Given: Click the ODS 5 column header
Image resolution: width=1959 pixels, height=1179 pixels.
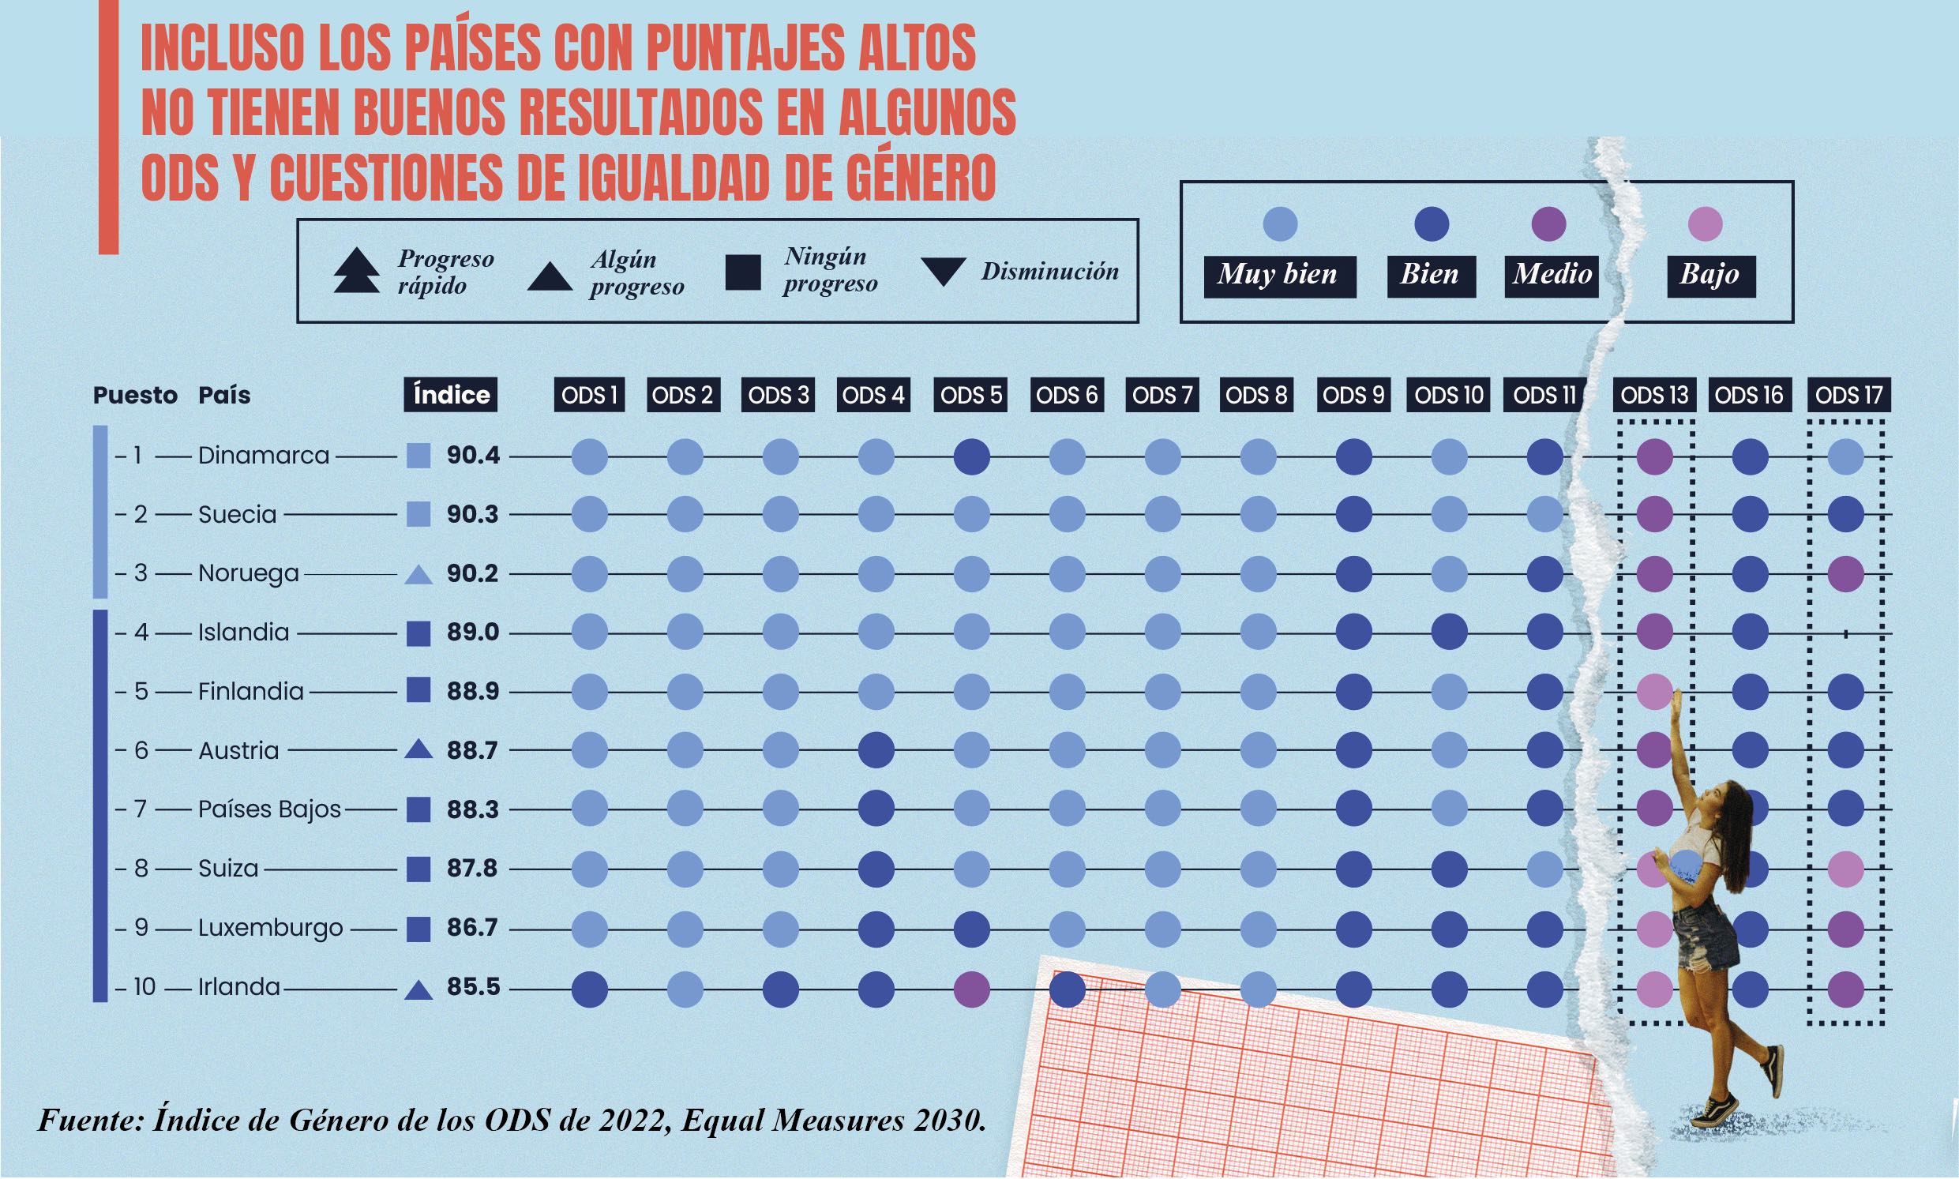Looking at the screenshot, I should (970, 395).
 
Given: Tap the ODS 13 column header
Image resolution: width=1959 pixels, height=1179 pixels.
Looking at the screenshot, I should (1655, 395).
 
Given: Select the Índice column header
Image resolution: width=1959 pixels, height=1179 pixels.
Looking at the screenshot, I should (450, 395).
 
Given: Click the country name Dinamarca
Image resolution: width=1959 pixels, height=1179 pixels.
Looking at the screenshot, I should (264, 456).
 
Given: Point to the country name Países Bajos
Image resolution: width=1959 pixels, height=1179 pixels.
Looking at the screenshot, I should (269, 809).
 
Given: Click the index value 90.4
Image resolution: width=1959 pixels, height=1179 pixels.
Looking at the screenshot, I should (473, 456).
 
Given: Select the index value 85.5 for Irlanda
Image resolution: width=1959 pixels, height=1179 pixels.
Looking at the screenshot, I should (473, 987).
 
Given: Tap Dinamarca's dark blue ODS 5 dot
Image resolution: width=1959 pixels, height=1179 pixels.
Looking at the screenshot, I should (970, 456).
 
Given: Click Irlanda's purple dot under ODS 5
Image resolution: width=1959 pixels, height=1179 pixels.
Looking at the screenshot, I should (970, 989).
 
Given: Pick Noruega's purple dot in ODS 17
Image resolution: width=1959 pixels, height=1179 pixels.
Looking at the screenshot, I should (1845, 573).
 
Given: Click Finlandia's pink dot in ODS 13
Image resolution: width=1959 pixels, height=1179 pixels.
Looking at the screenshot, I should (1654, 691).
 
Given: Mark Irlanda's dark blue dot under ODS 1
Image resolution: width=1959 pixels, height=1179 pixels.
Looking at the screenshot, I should (590, 989).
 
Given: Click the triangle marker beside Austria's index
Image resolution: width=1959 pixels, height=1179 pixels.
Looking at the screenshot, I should (418, 749).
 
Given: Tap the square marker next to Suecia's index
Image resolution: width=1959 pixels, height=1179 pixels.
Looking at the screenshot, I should (418, 515).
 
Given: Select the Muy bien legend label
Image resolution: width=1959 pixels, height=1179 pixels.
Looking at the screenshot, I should (1279, 275).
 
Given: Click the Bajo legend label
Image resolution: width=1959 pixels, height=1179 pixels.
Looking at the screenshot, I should (1709, 275).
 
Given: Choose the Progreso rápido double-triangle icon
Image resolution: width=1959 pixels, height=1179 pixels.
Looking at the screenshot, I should (357, 271).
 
